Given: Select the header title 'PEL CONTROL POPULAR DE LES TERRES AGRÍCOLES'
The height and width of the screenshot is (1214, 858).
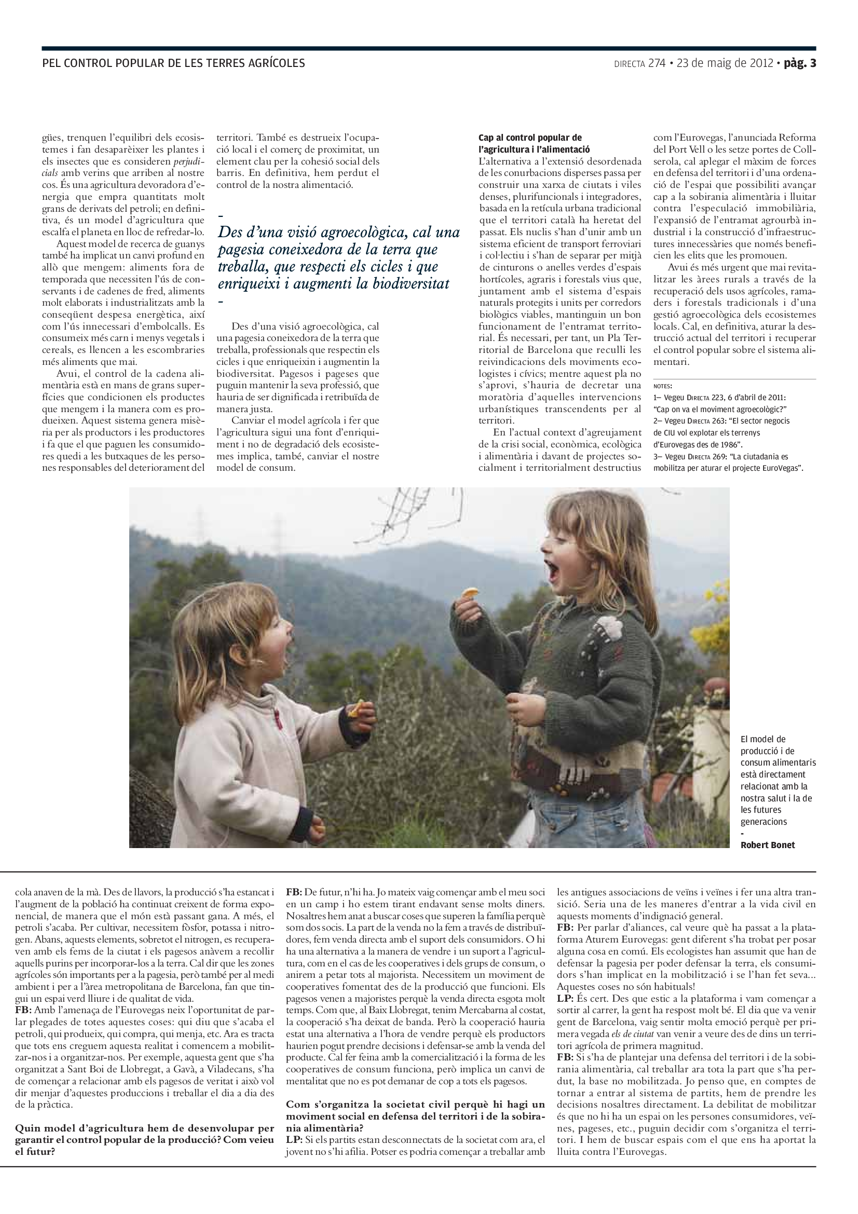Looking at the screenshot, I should click(173, 63).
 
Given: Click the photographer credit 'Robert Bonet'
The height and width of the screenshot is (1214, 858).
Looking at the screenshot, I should click(767, 845).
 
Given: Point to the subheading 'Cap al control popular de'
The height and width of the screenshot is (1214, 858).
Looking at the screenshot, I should click(530, 138).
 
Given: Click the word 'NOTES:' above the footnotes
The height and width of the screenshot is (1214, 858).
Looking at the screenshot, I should click(662, 386).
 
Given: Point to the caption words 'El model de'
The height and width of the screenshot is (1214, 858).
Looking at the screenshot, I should click(763, 739).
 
